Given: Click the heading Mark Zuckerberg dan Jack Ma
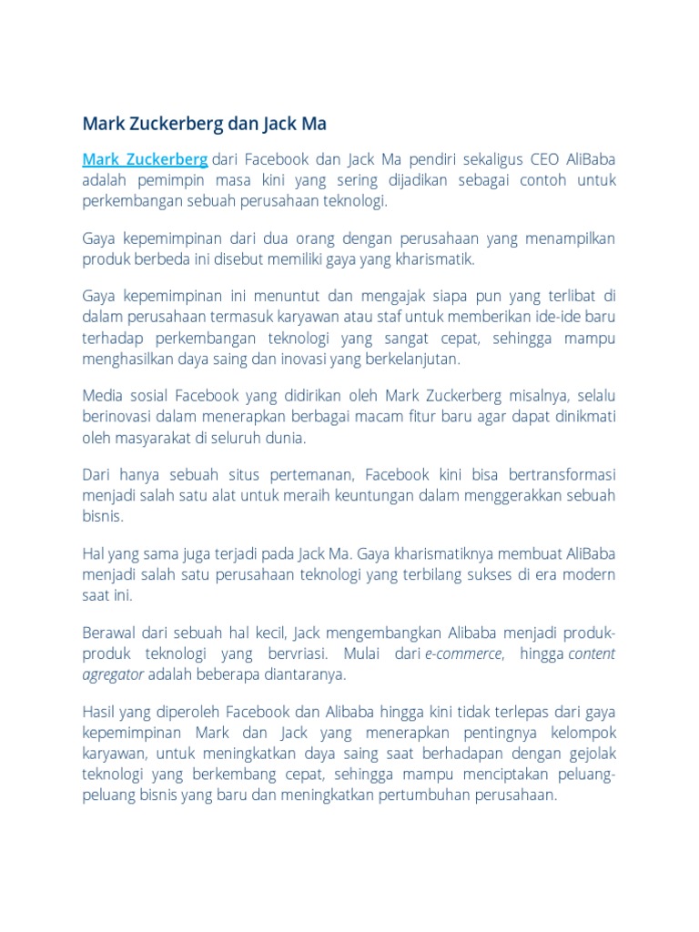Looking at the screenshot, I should click(204, 123).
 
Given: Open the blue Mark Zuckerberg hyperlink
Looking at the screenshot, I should click(145, 159).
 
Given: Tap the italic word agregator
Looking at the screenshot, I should click(113, 674).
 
